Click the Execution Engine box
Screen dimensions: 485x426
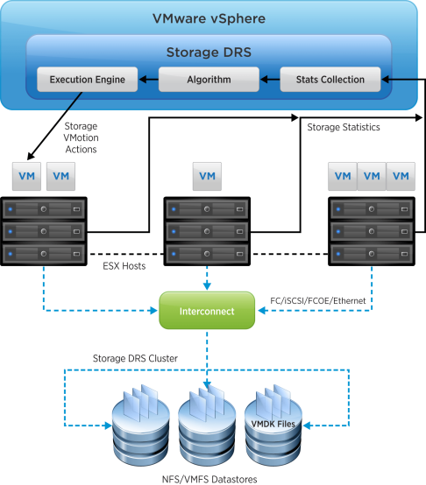(88, 80)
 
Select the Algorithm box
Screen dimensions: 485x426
(208, 80)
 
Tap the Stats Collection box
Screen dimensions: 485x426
(330, 80)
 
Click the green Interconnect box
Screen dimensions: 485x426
(208, 311)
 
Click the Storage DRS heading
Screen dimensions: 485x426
(209, 52)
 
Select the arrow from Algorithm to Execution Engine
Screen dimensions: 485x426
(148, 80)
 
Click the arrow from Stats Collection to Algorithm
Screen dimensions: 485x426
(269, 80)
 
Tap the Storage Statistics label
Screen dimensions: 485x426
(343, 128)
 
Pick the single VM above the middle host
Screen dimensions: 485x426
(207, 176)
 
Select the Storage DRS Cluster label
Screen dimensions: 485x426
(135, 360)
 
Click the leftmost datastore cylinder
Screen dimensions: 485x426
(138, 429)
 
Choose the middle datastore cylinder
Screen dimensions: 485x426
(208, 429)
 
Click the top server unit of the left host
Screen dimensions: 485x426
(44, 210)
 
